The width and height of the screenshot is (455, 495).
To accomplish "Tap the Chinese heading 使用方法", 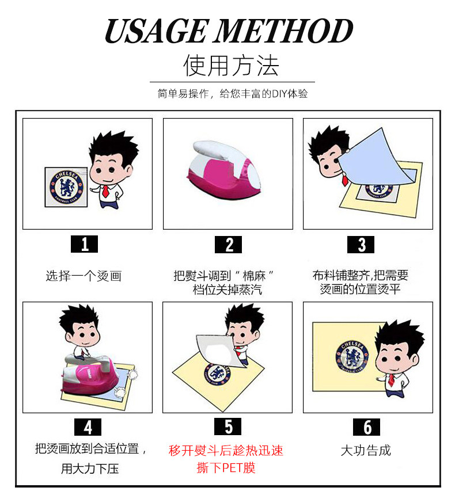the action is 231,66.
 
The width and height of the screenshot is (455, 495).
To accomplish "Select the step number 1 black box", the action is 84,244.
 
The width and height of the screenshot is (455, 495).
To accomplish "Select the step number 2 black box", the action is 228,245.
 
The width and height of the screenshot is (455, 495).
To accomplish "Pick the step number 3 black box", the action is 361,245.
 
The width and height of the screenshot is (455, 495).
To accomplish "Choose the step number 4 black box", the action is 88,427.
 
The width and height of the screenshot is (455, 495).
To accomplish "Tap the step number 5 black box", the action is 228,427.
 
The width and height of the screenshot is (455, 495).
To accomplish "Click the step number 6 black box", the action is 366,427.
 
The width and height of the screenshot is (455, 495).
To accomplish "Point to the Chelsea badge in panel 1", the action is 66,188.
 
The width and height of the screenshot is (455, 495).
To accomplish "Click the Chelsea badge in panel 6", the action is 352,356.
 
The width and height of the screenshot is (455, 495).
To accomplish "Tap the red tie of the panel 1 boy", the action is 105,191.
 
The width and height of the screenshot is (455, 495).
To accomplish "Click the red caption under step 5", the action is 226,459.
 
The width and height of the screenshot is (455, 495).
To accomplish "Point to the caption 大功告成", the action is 366,451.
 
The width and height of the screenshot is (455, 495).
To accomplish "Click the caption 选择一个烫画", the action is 84,276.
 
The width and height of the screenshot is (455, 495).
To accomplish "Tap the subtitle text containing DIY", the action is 233,94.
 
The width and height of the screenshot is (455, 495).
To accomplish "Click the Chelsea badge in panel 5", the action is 217,374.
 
